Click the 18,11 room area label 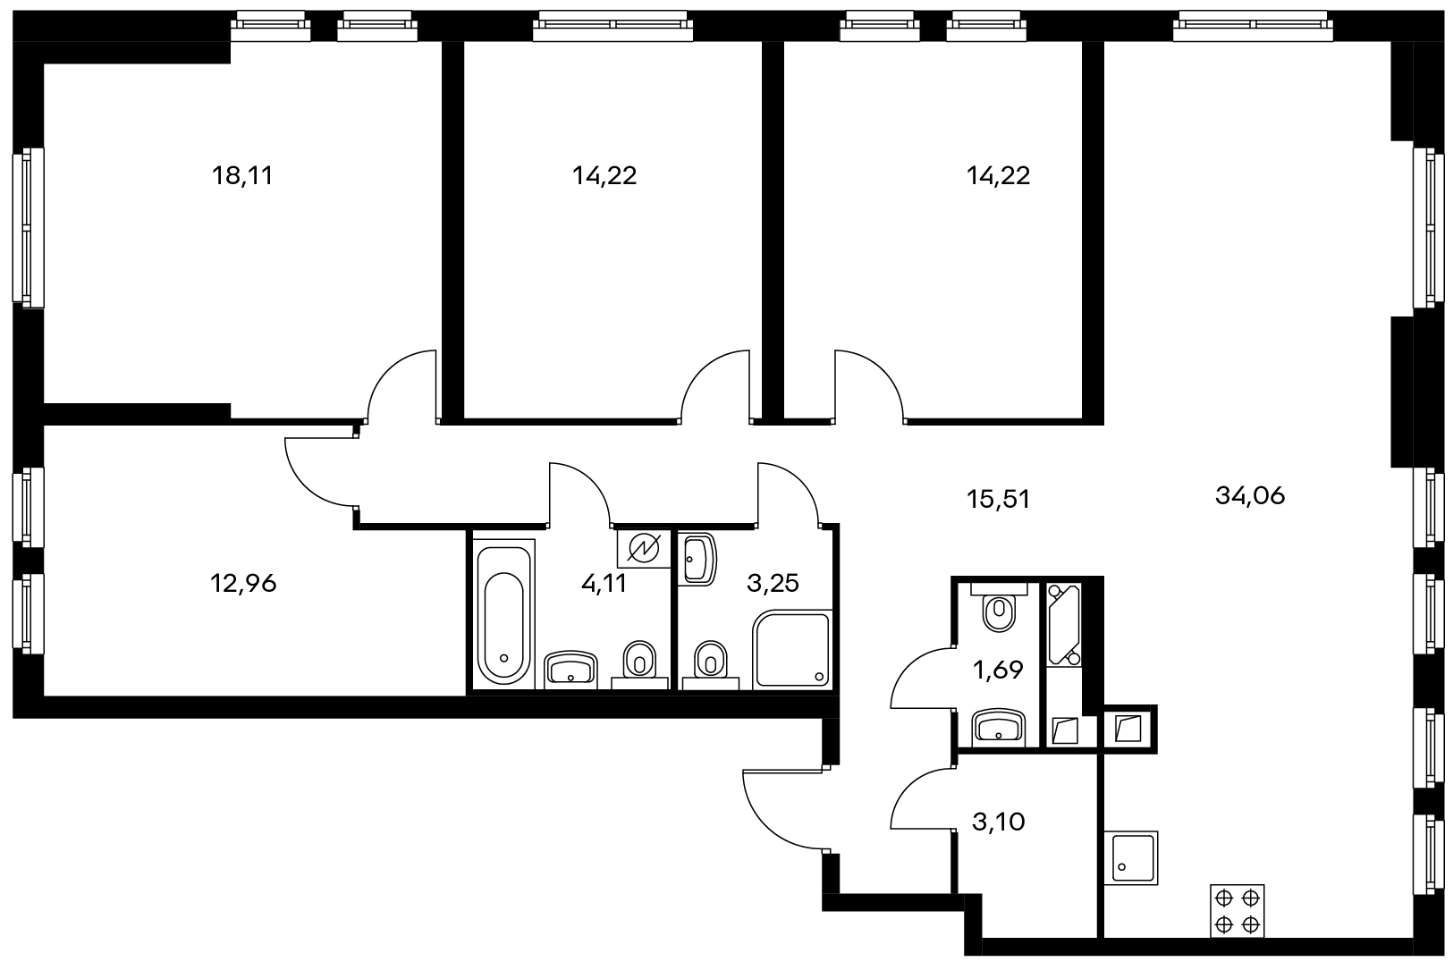(242, 176)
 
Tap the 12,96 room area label (243, 584)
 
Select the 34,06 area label (1250, 496)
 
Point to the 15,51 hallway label (998, 499)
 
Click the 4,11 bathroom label (604, 584)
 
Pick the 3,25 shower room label (773, 584)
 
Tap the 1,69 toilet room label (998, 669)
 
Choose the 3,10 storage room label (998, 822)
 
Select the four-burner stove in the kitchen (1237, 910)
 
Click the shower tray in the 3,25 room (792, 649)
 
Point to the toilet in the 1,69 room (999, 607)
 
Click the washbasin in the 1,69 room (999, 728)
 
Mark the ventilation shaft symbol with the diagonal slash (644, 549)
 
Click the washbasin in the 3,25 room (697, 558)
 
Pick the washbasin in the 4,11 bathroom (570, 670)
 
